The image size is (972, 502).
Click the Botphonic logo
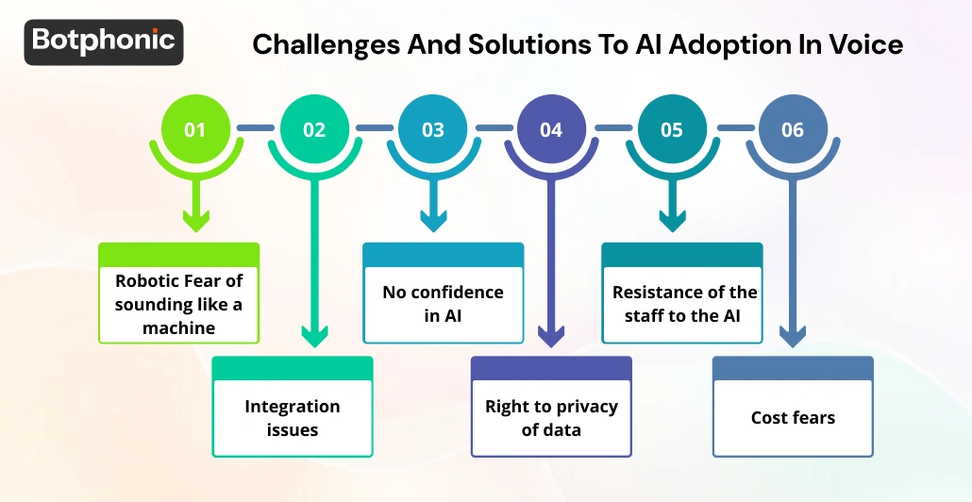click(104, 41)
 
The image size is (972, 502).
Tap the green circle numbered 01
click(194, 129)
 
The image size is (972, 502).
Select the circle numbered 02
click(313, 129)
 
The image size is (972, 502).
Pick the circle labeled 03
click(432, 129)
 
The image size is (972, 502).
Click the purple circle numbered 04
click(551, 129)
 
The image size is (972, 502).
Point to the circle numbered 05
click(671, 129)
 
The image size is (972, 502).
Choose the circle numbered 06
click(792, 129)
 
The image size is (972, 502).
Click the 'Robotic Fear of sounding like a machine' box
click(179, 303)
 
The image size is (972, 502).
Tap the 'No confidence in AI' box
click(443, 303)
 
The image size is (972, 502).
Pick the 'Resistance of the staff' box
click(682, 303)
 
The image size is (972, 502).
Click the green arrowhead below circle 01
click(195, 221)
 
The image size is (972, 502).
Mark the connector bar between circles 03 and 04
click(492, 127)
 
